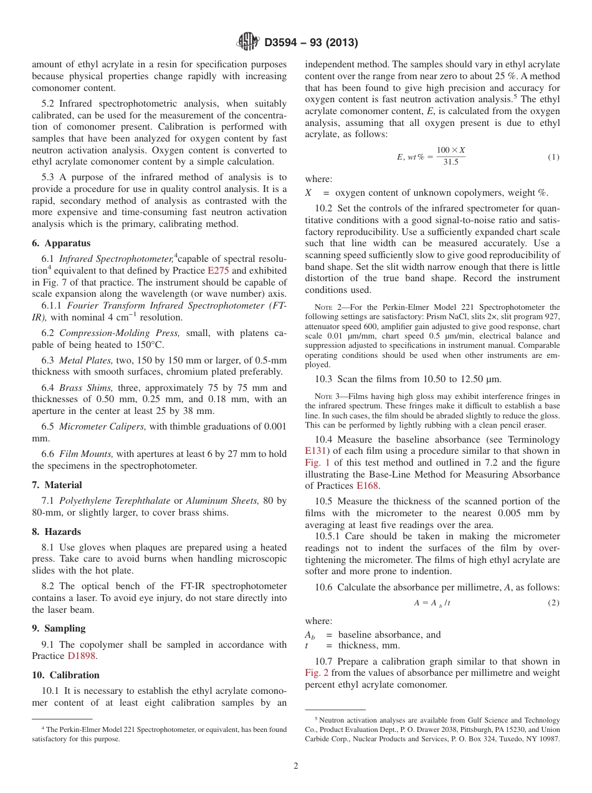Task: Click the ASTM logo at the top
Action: (247, 42)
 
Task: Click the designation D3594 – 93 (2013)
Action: (311, 43)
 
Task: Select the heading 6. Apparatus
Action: (61, 243)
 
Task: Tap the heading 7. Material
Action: (57, 485)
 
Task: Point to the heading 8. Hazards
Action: (56, 532)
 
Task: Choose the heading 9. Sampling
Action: (59, 628)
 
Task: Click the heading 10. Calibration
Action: (65, 675)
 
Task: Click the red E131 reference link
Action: (317, 451)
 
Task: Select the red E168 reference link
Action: (367, 486)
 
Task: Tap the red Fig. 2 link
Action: (317, 673)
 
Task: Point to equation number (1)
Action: (553, 157)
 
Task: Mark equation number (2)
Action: (553, 603)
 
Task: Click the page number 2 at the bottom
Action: (296, 766)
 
